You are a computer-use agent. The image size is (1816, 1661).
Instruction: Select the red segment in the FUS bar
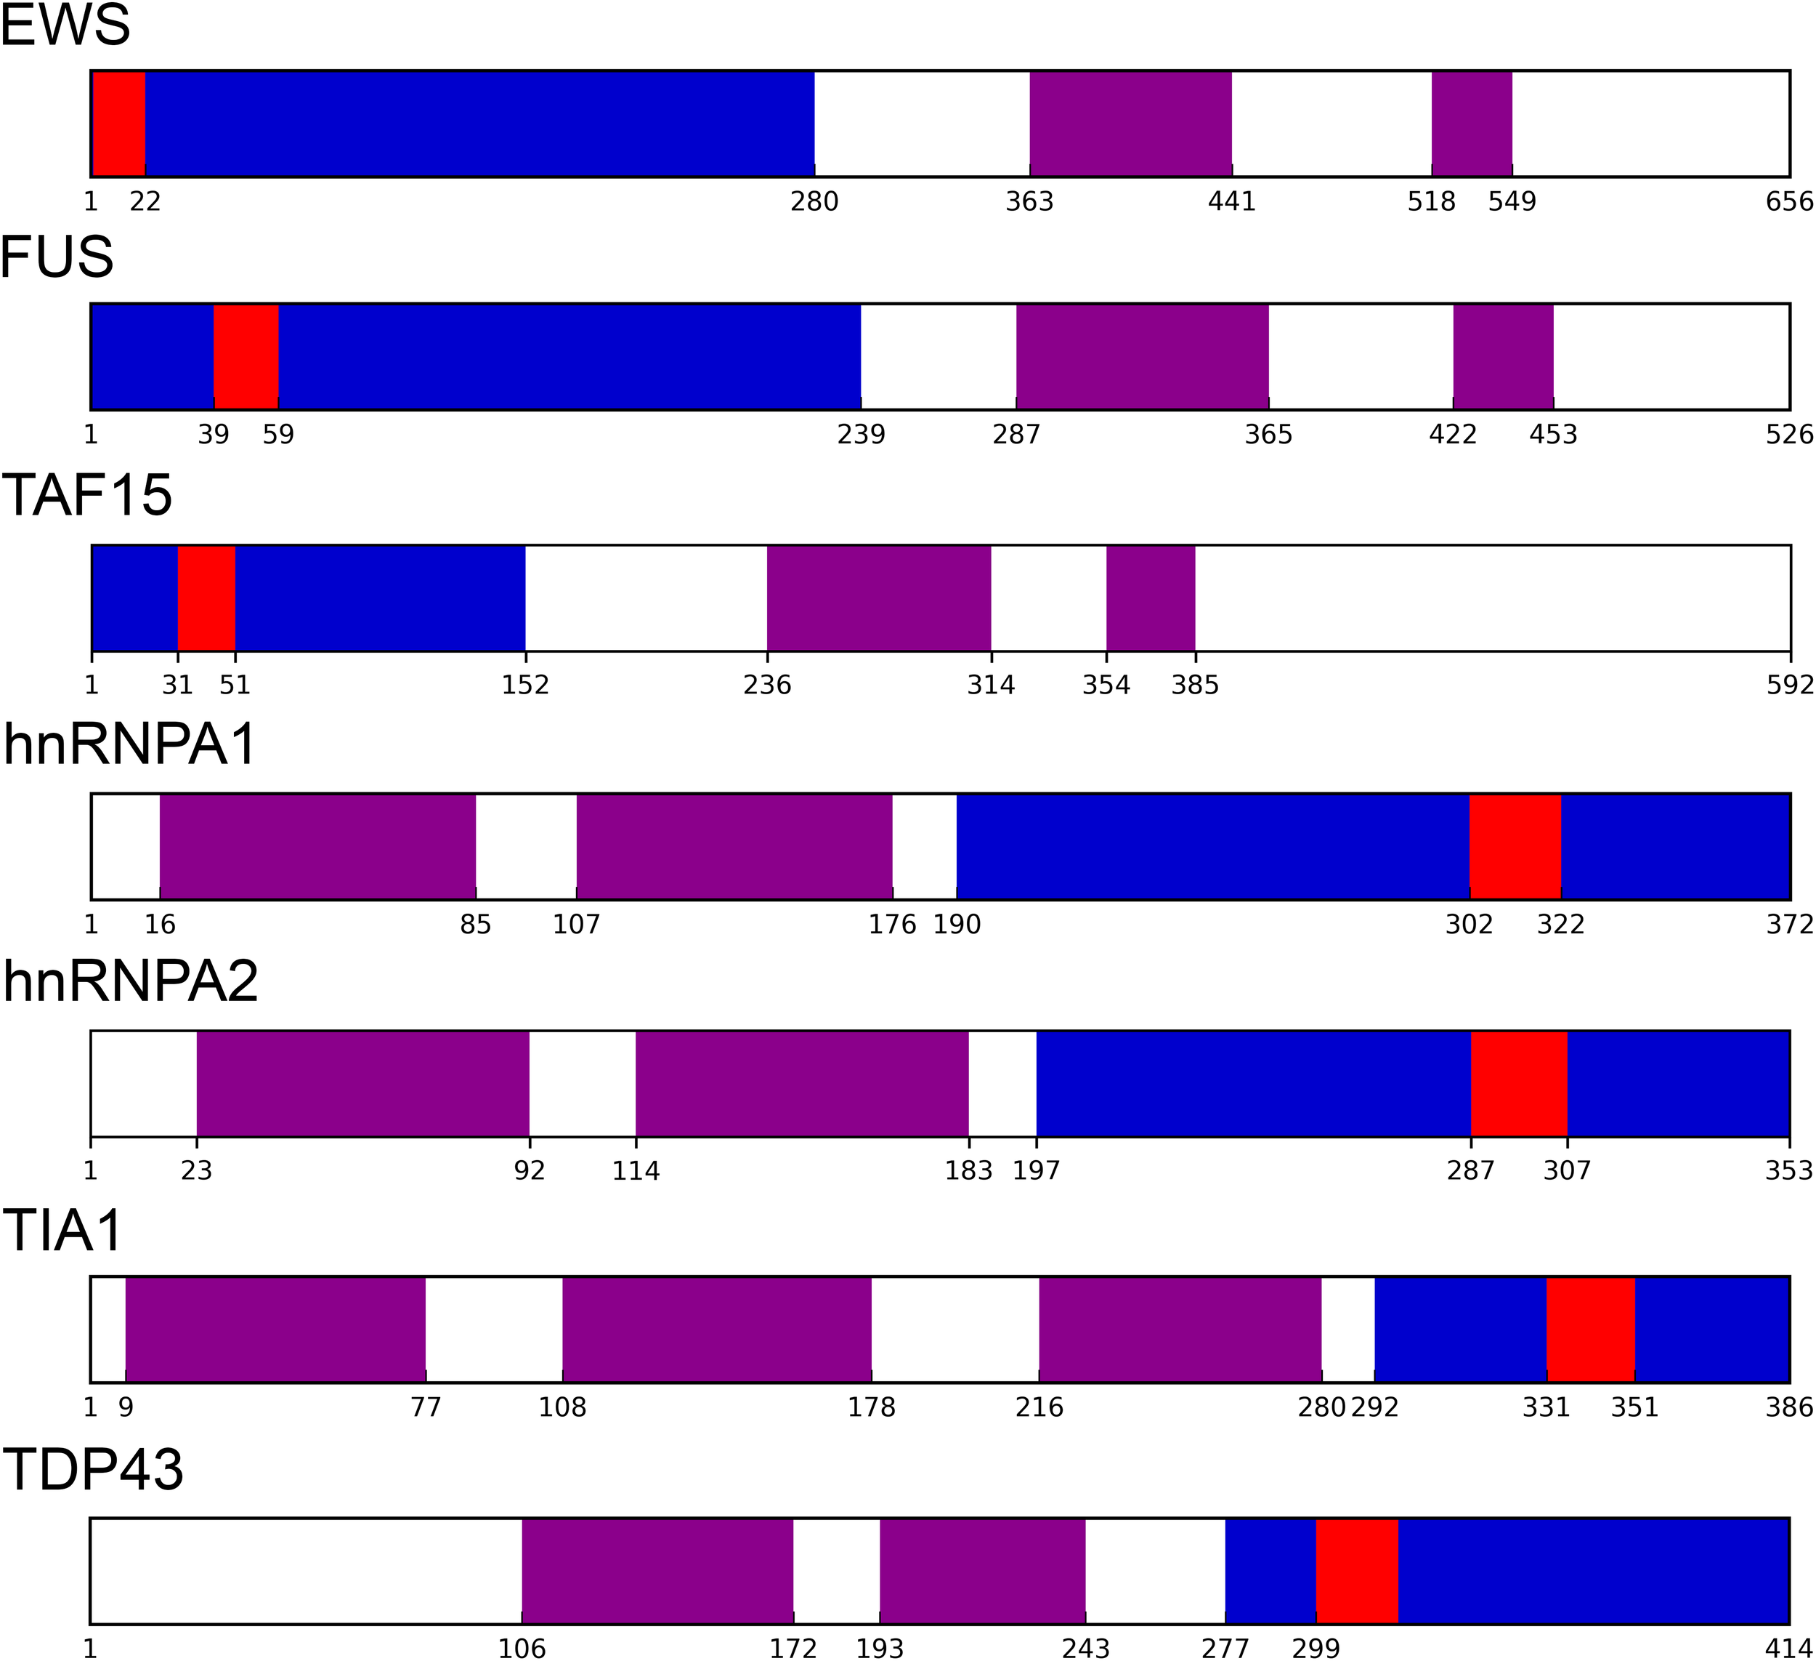coord(246,357)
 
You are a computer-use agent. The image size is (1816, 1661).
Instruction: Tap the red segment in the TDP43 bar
coord(1357,1571)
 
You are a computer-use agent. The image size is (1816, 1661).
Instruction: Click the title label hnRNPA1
coord(130,744)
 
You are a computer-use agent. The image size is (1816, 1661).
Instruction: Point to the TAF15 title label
coord(86,495)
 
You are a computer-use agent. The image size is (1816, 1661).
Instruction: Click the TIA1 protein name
coord(62,1230)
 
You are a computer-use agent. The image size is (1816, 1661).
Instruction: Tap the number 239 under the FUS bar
coord(862,435)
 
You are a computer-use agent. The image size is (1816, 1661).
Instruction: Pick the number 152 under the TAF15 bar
coord(525,685)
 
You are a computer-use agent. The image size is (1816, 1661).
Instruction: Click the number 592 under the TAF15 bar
coord(1789,685)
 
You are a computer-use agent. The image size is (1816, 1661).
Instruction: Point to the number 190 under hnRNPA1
coord(957,925)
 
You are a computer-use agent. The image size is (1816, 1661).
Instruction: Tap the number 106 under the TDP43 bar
coord(522,1649)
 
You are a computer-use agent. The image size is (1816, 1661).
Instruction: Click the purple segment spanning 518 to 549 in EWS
coord(1472,124)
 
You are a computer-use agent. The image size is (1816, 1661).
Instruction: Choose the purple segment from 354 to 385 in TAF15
coord(1151,598)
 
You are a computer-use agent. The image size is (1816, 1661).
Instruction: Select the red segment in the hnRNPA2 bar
coord(1519,1083)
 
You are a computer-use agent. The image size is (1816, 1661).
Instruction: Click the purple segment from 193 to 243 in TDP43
coord(983,1571)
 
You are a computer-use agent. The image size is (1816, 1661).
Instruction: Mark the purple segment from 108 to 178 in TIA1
coord(717,1330)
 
